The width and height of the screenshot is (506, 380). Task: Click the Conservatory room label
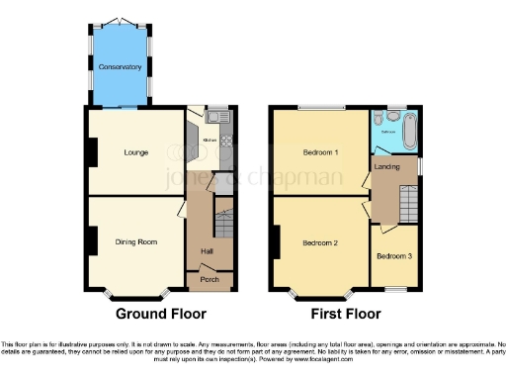click(x=120, y=67)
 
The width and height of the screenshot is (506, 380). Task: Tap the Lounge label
click(x=135, y=152)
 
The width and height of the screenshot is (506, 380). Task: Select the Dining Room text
click(x=136, y=241)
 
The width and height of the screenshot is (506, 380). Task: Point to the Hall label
click(x=208, y=251)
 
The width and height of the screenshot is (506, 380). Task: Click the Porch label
click(x=210, y=280)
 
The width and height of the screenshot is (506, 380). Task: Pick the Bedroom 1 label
click(x=321, y=152)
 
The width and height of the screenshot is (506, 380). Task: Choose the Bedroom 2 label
click(x=321, y=242)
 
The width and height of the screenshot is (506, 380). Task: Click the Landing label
click(x=387, y=167)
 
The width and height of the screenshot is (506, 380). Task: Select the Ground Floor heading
click(x=161, y=314)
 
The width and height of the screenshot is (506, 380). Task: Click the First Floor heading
click(x=346, y=314)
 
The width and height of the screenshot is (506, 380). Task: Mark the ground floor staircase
click(x=224, y=219)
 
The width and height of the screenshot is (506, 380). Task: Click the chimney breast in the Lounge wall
click(x=92, y=151)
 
